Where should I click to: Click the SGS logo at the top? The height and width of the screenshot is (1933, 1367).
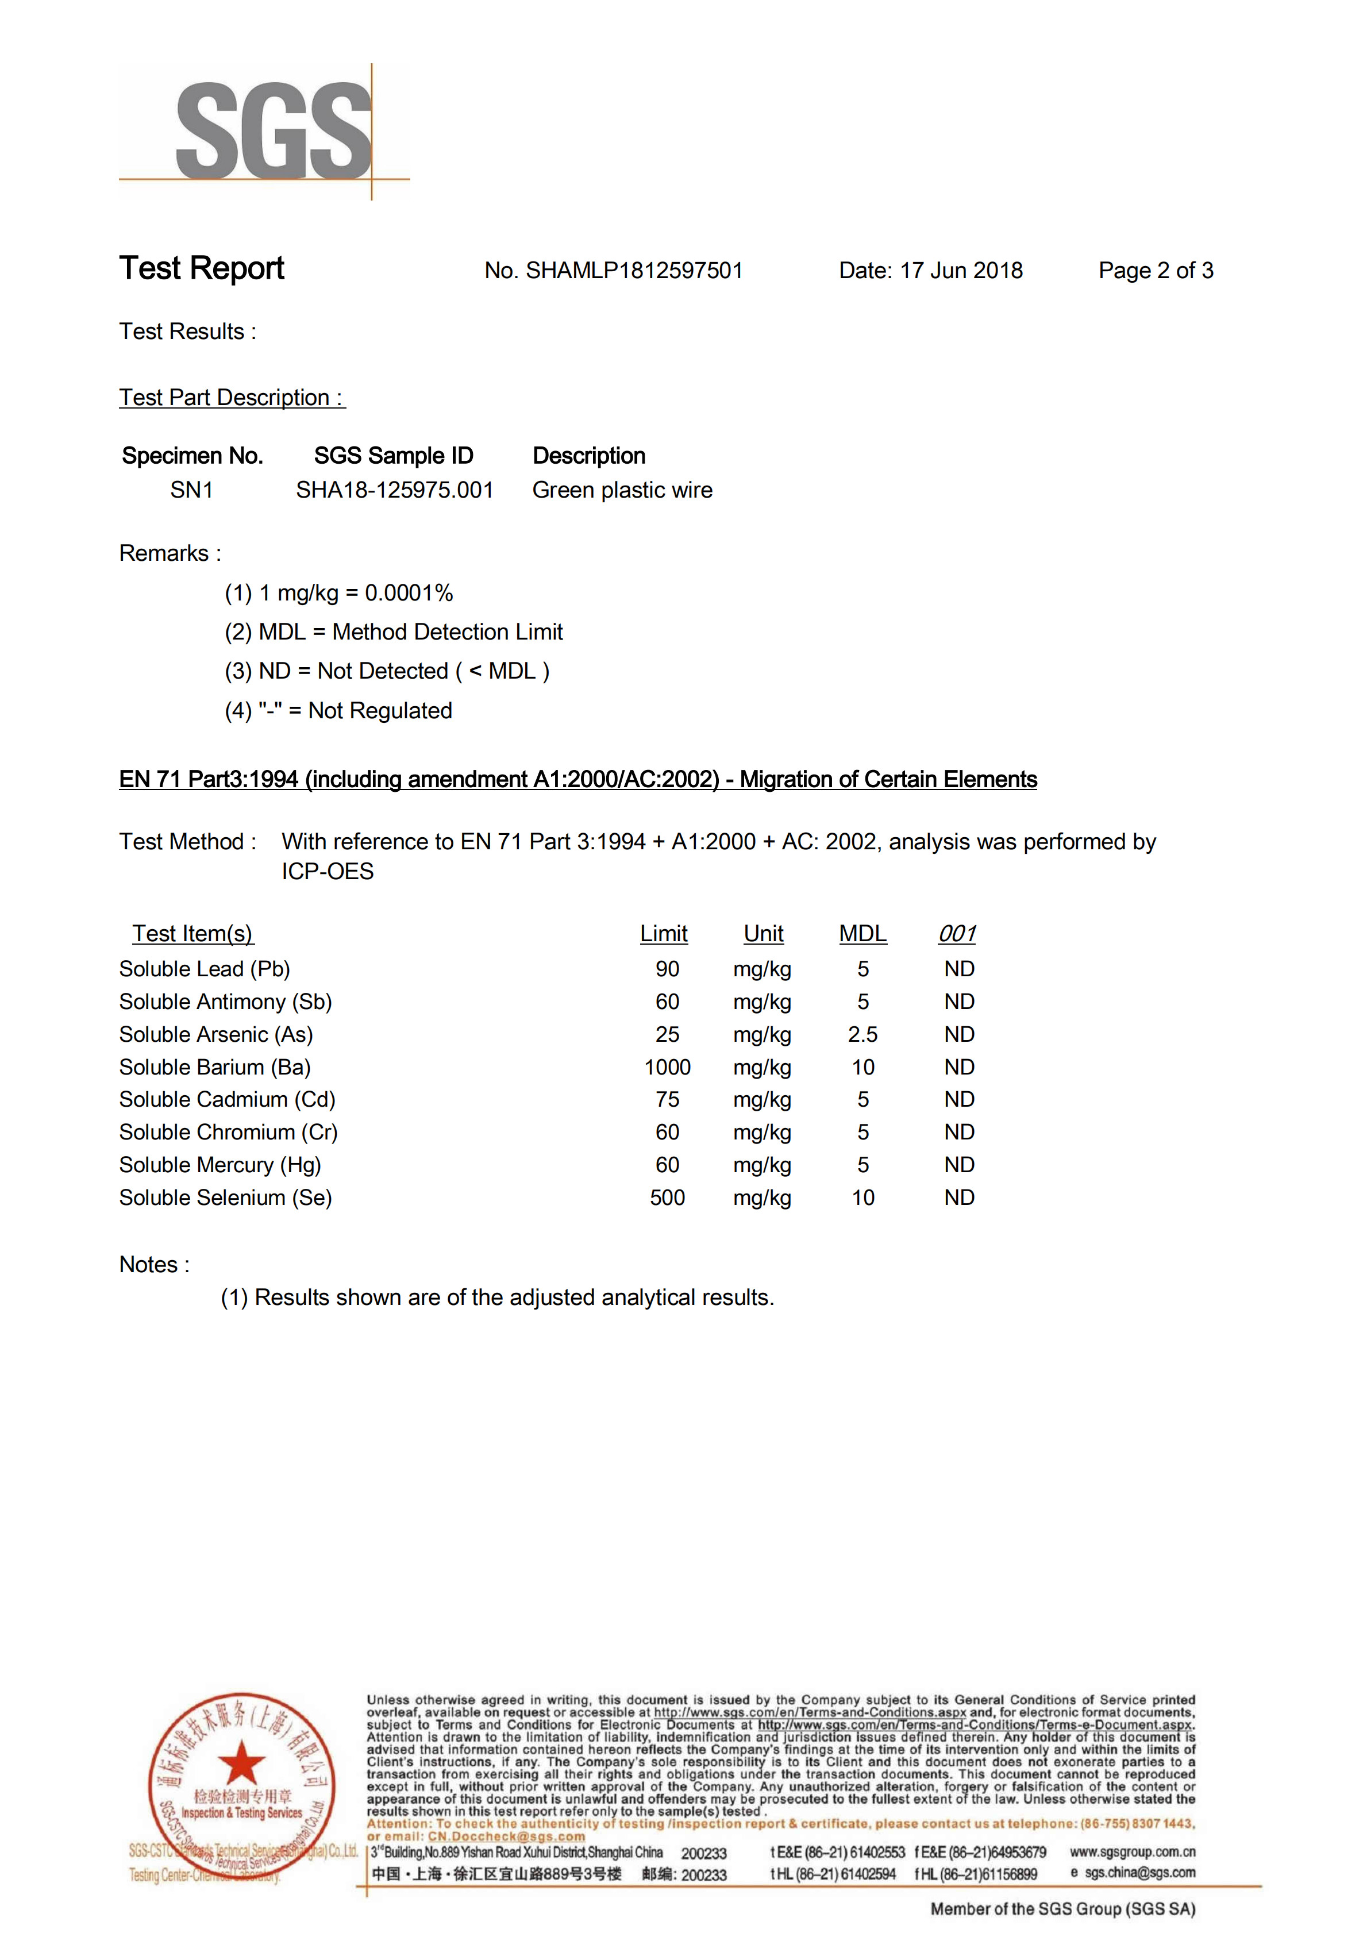click(x=274, y=130)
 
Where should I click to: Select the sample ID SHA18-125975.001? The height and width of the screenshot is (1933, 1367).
click(x=394, y=490)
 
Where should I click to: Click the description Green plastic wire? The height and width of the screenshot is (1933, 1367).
click(x=622, y=490)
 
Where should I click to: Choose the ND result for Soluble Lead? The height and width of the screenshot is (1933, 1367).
click(x=959, y=969)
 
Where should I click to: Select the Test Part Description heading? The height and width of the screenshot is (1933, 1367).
click(x=232, y=398)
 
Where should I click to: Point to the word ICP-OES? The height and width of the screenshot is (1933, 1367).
click(x=328, y=871)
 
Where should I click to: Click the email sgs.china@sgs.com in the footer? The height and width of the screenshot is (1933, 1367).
click(x=1139, y=1873)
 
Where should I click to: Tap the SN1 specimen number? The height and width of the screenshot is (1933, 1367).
click(x=191, y=490)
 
